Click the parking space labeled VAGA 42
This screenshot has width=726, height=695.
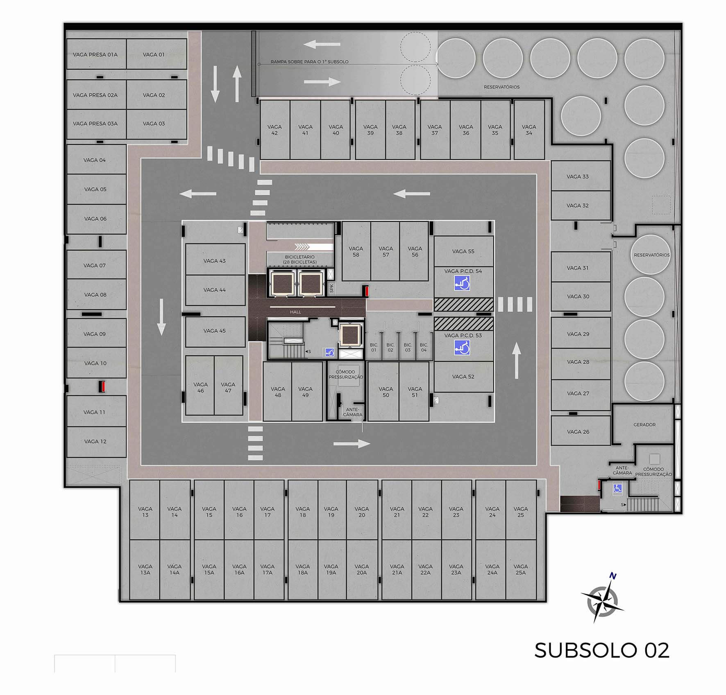275,130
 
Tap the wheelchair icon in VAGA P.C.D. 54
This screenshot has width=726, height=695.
462,283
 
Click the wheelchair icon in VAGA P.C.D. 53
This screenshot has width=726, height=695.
462,348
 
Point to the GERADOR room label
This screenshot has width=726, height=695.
644,425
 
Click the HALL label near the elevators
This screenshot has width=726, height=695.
295,312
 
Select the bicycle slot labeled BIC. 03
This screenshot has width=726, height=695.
407,347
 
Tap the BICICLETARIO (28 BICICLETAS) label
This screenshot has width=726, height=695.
300,259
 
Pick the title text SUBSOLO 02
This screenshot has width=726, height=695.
602,650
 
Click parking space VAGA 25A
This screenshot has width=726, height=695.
521,569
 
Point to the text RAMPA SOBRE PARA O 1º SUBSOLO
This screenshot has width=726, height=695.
310,62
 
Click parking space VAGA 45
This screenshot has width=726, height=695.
215,331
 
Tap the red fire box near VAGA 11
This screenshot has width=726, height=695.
103,386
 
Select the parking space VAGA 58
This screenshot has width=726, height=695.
356,251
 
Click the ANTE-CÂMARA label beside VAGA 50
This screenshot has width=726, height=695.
353,412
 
